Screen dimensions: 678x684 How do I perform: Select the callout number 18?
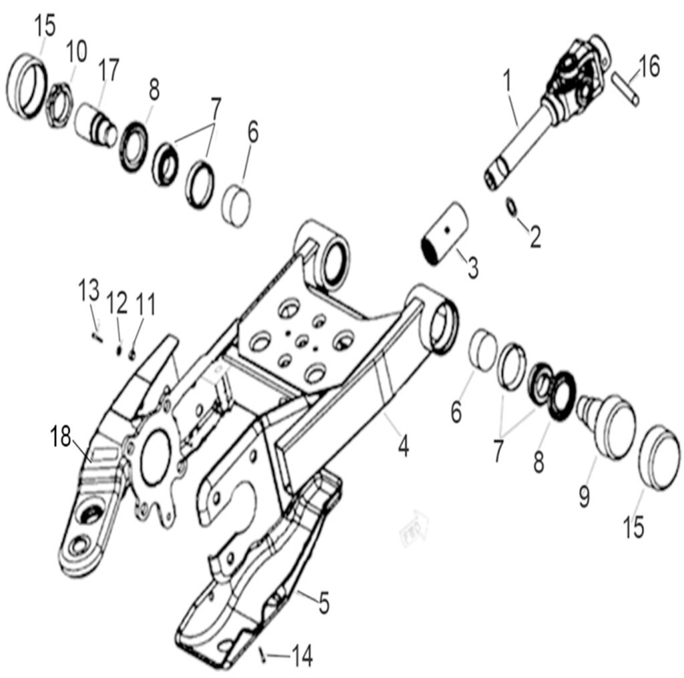coord(61,438)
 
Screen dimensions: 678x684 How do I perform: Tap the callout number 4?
coord(403,445)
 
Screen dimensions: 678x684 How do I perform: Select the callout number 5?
coord(323,603)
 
